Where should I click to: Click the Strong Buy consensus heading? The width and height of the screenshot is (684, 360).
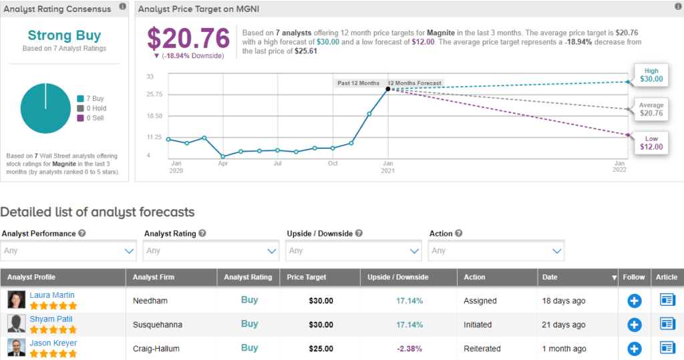pos(64,35)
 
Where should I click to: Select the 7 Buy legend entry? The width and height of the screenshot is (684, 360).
pos(91,99)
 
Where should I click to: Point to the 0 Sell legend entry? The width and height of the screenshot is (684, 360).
pos(91,118)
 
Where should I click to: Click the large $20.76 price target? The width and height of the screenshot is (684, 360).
pos(188,38)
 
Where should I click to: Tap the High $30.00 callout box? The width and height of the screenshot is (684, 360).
pos(651,75)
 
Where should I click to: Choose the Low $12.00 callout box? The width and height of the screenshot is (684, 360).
pos(651,143)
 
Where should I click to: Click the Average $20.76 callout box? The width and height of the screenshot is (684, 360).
pos(651,109)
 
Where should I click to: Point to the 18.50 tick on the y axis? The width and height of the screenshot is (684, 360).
pos(154,116)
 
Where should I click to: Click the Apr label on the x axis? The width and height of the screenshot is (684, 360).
pos(223,163)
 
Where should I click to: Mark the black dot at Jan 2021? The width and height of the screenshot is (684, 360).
pos(388,89)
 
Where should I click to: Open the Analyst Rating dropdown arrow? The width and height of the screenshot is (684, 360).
pos(271,251)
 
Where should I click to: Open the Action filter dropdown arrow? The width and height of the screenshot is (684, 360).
pos(556,251)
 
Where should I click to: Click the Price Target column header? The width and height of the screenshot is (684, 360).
pos(306,277)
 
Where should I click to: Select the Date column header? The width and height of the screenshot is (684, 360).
pos(550,277)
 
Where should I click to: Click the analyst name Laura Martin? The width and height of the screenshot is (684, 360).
pos(52,295)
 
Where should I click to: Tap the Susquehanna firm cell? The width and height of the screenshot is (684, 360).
pos(158,325)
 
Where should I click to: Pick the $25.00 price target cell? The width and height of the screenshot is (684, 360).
pos(321,349)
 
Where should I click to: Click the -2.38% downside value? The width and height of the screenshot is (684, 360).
pos(409,349)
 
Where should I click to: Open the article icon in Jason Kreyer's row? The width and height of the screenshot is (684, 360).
pos(667,348)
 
